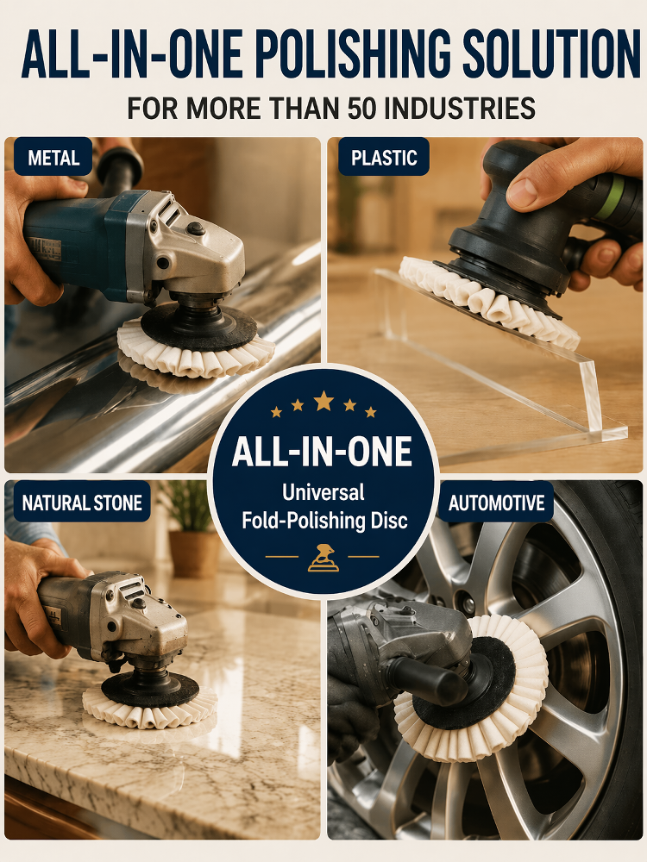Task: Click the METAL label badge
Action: click(x=53, y=157)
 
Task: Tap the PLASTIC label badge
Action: click(x=384, y=157)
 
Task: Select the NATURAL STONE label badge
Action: click(x=82, y=502)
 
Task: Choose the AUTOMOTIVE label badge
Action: click(x=496, y=502)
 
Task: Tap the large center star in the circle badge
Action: click(x=323, y=401)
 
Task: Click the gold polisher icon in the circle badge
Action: click(x=323, y=558)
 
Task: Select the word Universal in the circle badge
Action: click(x=323, y=492)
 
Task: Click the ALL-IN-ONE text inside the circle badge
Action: click(x=323, y=452)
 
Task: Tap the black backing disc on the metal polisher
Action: click(x=198, y=328)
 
